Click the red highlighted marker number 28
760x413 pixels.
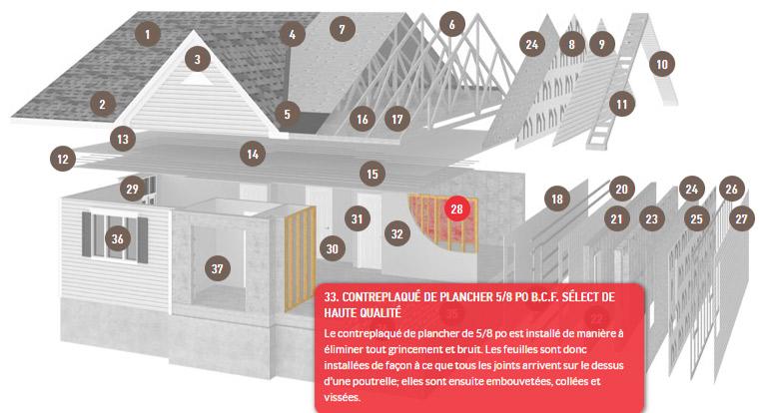click(456, 208)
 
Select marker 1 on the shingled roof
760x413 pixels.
click(148, 34)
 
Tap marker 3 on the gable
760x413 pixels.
click(198, 59)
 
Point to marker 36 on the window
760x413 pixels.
click(117, 238)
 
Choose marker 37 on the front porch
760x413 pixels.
click(217, 268)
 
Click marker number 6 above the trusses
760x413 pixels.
click(452, 24)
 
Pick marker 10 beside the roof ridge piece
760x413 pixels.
click(662, 64)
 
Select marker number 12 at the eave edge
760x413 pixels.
click(63, 159)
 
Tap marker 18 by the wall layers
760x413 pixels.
click(557, 199)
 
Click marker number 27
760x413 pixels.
click(742, 218)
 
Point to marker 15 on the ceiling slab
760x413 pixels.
click(373, 174)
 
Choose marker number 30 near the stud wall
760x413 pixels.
click(332, 248)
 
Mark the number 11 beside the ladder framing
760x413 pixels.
click(622, 104)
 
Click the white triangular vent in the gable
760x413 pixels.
click(197, 80)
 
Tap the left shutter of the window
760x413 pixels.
click(86, 234)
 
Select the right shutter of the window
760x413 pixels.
click(143, 240)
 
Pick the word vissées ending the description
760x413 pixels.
click(343, 397)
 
